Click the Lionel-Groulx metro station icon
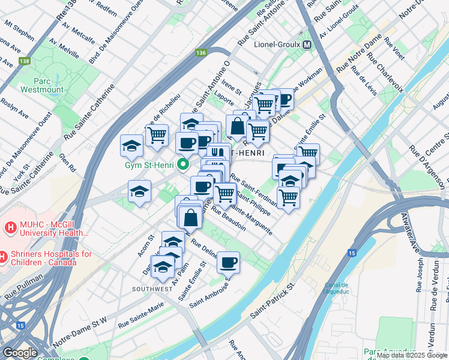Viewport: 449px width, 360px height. pos(307,45)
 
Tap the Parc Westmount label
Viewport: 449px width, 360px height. pos(41,85)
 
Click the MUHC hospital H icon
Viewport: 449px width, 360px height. pos(10,228)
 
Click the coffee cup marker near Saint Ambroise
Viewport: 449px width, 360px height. pos(228,262)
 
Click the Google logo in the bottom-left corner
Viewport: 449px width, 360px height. pos(20,353)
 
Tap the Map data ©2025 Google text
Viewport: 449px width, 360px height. pos(412,355)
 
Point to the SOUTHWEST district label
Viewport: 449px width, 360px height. pos(152,289)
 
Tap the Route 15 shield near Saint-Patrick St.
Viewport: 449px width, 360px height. pos(352,253)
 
